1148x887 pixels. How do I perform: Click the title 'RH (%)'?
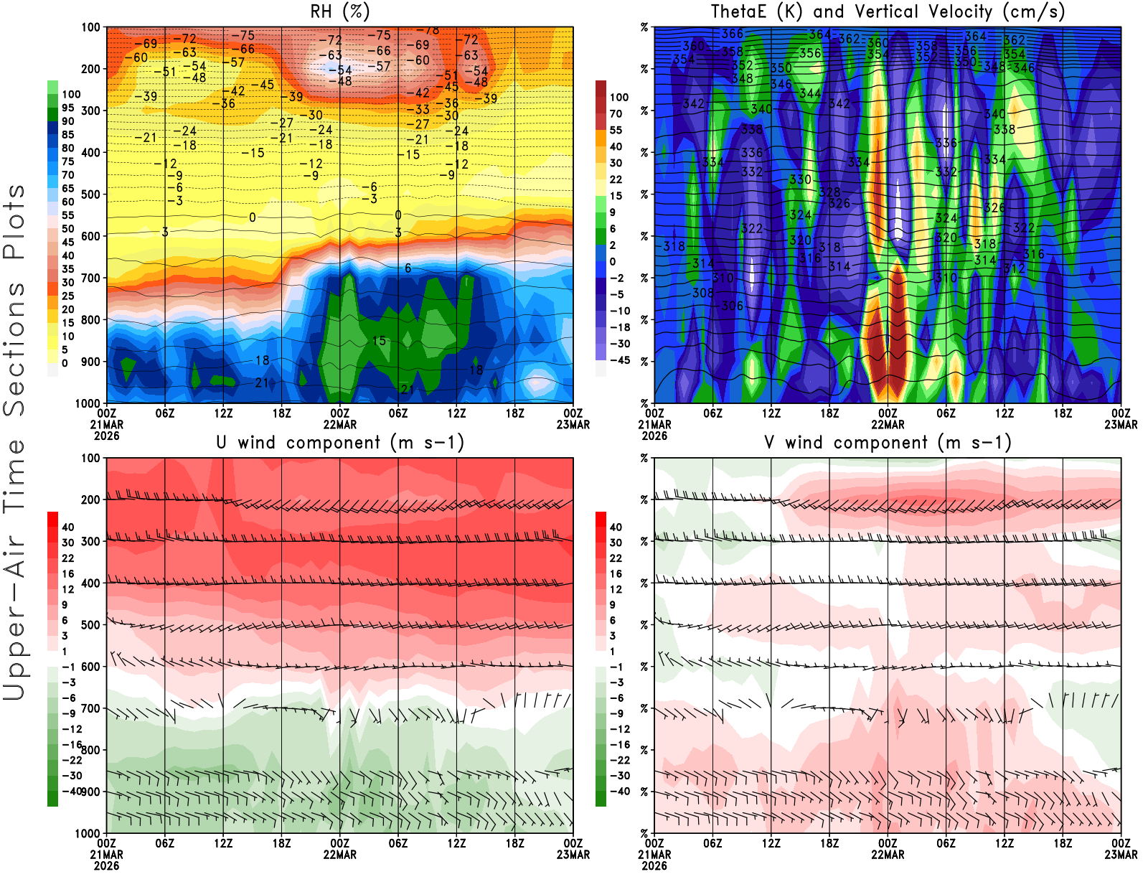[339, 11]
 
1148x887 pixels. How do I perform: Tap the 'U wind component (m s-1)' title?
[339, 442]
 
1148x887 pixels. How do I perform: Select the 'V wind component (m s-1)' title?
[888, 442]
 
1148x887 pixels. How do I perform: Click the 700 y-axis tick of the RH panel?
[90, 278]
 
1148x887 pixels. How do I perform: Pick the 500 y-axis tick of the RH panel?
[90, 194]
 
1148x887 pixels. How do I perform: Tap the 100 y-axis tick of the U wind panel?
[90, 458]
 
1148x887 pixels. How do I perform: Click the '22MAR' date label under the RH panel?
[339, 425]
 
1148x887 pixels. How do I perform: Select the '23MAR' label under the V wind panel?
[1121, 855]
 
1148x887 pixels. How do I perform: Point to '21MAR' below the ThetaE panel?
[654, 425]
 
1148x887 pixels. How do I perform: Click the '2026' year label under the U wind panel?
[106, 865]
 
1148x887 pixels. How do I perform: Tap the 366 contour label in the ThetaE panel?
[733, 34]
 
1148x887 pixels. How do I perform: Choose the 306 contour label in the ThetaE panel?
[733, 306]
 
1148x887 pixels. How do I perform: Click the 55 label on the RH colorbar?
[67, 215]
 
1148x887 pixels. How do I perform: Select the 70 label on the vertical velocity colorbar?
[616, 113]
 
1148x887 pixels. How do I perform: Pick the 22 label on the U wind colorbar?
[67, 558]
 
